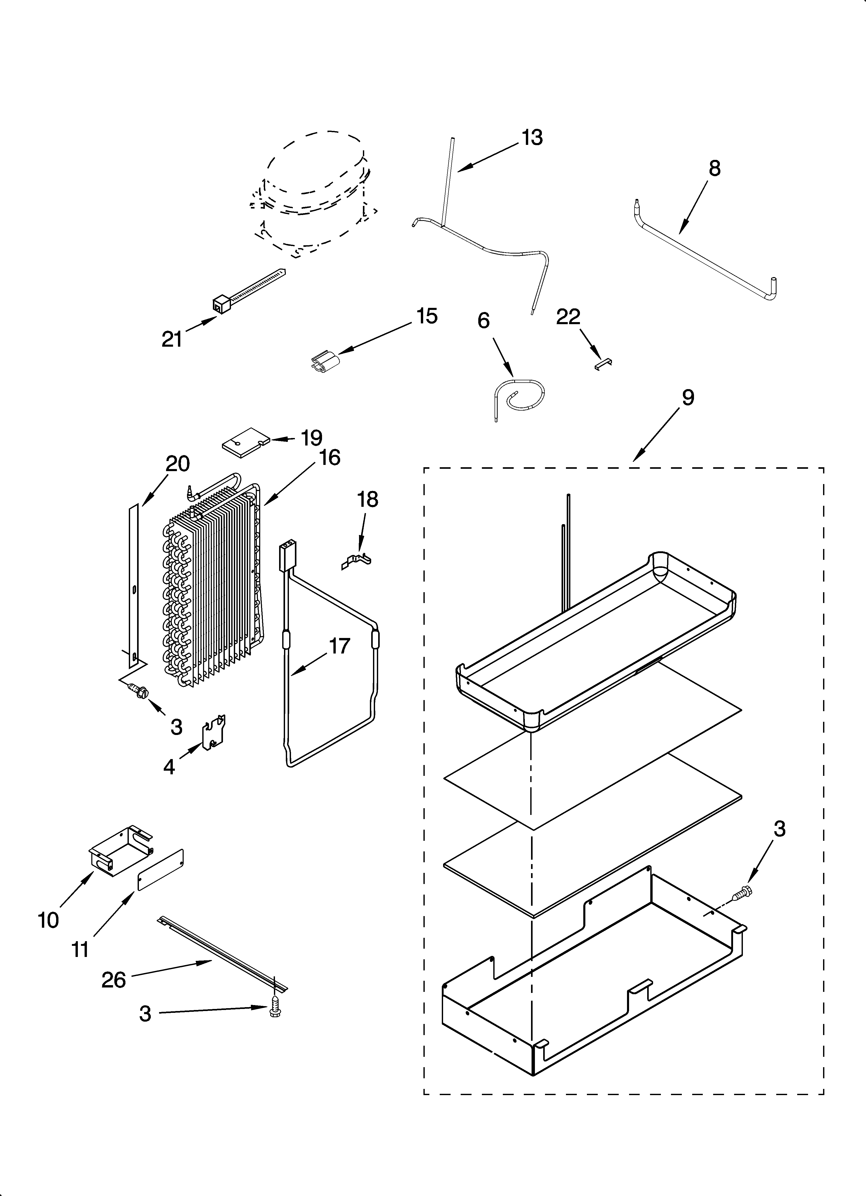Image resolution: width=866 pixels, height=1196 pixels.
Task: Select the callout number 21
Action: tap(172, 339)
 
